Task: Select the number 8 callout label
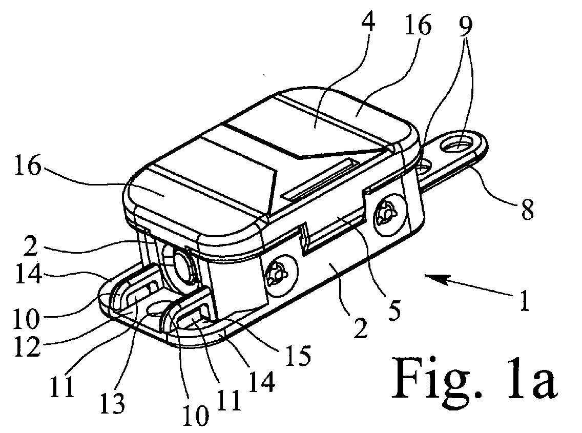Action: click(527, 209)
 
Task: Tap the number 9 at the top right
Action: click(465, 26)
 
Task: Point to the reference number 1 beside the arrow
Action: click(524, 301)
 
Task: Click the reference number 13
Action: click(113, 403)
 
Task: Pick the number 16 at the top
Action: click(418, 25)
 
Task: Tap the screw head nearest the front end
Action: click(280, 275)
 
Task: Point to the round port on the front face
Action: click(183, 266)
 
